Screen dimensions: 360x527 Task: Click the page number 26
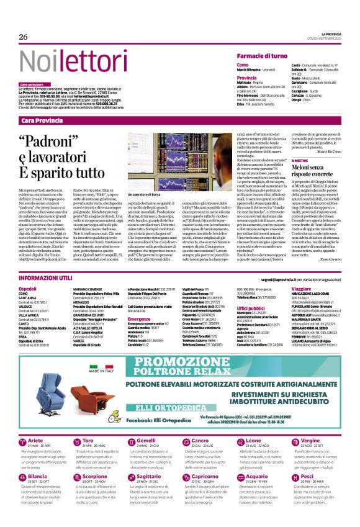pos(24,38)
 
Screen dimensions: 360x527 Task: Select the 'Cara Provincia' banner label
pos(42,120)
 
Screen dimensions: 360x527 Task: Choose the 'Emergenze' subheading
pos(139,319)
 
